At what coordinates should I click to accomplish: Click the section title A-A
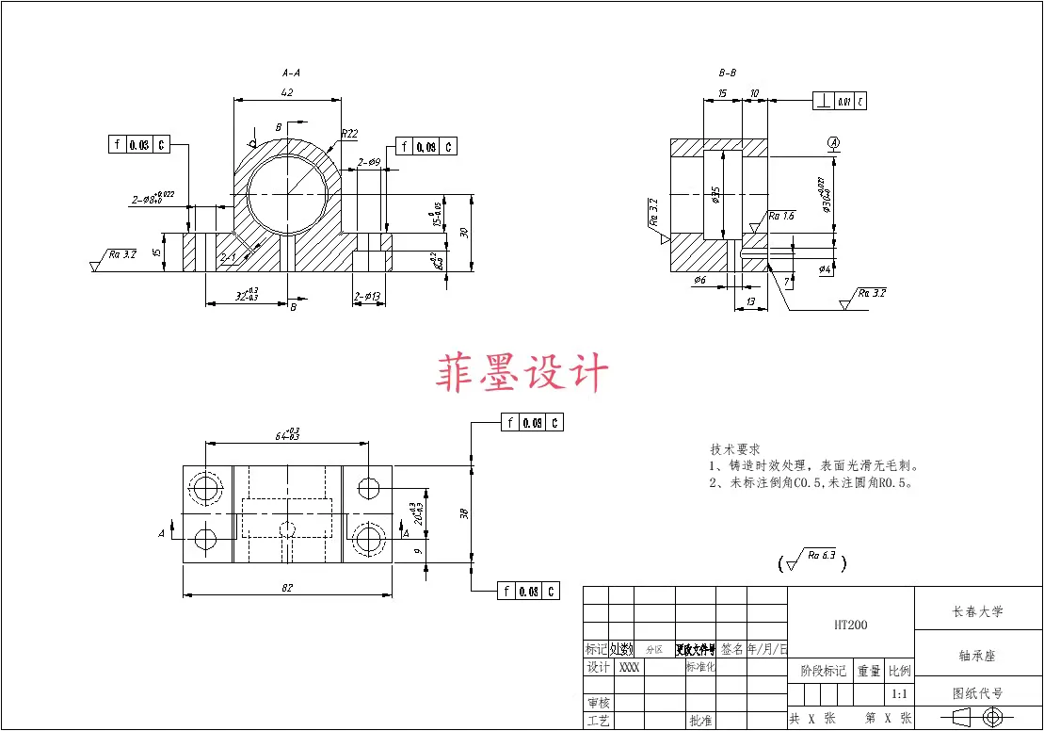[291, 73]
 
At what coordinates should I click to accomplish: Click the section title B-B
[727, 73]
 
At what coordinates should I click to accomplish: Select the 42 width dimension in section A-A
[287, 92]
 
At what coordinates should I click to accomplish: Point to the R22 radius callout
[349, 134]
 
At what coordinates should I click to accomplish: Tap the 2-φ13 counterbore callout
[366, 298]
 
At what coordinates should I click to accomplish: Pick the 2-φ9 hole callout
[369, 162]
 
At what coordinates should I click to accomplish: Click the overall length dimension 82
[287, 589]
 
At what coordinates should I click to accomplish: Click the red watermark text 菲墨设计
[522, 373]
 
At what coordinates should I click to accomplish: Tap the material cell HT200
[850, 625]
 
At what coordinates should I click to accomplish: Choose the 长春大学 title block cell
[978, 611]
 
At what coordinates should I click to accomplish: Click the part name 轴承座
[978, 654]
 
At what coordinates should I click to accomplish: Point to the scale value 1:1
[899, 694]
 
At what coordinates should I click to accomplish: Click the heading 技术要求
[734, 450]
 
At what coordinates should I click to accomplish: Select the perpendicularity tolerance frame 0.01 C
[840, 102]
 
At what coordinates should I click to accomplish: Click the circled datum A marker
[833, 142]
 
